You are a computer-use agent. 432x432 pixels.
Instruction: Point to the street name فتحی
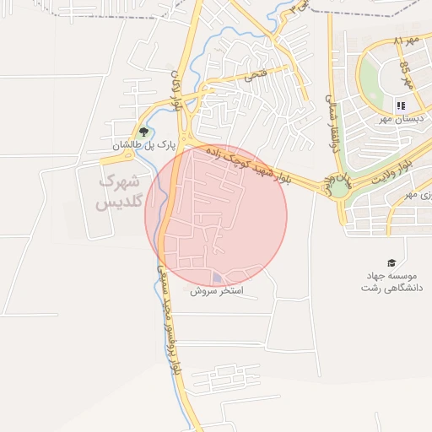point(253,75)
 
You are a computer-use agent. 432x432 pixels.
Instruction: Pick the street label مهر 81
point(407,41)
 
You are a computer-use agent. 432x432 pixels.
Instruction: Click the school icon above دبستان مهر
point(401,106)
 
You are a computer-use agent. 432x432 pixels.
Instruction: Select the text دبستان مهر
point(402,120)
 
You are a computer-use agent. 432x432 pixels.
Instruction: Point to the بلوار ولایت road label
point(394,164)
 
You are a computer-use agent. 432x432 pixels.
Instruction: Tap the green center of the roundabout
point(339,187)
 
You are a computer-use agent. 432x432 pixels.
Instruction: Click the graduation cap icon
point(391,262)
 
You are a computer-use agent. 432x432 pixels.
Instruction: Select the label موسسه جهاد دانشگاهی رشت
point(391,282)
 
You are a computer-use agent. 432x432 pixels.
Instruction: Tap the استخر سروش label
point(216,290)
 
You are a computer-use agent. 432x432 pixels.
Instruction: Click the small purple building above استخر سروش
point(218,277)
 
